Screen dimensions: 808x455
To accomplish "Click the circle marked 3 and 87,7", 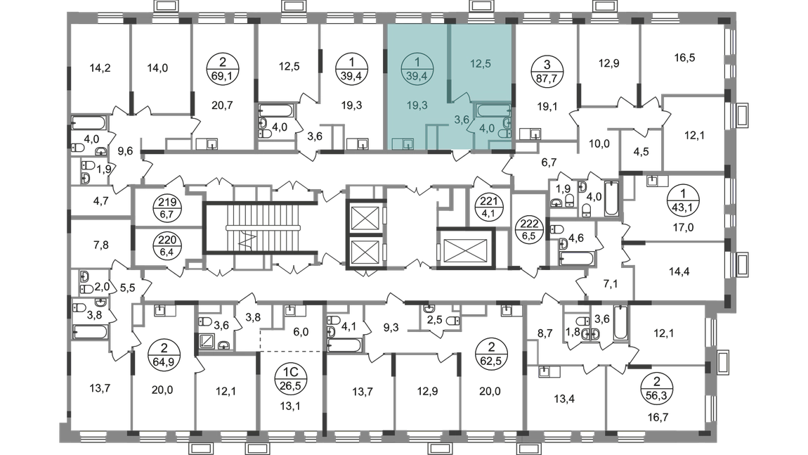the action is (x=547, y=72).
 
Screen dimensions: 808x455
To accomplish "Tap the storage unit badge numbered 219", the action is (x=167, y=208).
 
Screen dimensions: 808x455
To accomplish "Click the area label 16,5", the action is (x=684, y=58).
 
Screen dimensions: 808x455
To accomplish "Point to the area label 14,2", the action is (x=100, y=68).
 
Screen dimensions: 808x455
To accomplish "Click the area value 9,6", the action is (x=125, y=151).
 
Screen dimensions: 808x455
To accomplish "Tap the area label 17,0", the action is (x=683, y=227).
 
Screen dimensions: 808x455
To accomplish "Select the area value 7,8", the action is (x=101, y=245).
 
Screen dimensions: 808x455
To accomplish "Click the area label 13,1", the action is (x=290, y=406).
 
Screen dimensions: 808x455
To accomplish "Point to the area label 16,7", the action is (x=658, y=417).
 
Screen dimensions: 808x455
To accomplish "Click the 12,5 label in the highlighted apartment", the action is (x=481, y=64).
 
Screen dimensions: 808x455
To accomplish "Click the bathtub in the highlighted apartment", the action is (x=493, y=110).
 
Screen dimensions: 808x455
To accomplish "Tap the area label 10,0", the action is (x=599, y=144).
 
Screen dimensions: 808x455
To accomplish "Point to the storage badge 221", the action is (x=488, y=208).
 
